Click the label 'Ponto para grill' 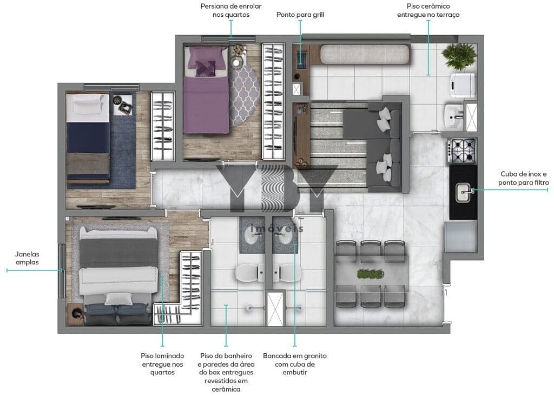tap(300, 15)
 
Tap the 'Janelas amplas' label tap(27, 258)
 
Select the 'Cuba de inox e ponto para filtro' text tap(524, 178)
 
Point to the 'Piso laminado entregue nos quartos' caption tap(162, 364)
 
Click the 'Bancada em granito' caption tap(295, 356)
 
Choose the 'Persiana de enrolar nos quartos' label tap(231, 10)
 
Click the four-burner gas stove tap(461, 151)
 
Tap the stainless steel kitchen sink tap(464, 193)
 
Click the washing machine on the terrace tap(462, 85)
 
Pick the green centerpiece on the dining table tap(370, 274)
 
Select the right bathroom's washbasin tap(286, 237)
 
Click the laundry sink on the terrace tap(453, 116)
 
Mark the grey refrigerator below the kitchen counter tap(460, 236)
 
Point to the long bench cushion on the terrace tap(365, 55)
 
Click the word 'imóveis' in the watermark tap(276, 229)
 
